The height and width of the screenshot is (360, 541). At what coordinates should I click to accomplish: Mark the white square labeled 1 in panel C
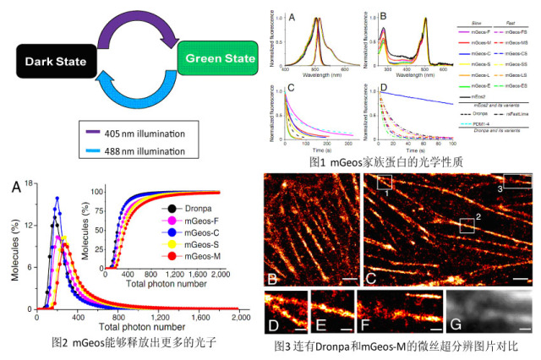point(385,182)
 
